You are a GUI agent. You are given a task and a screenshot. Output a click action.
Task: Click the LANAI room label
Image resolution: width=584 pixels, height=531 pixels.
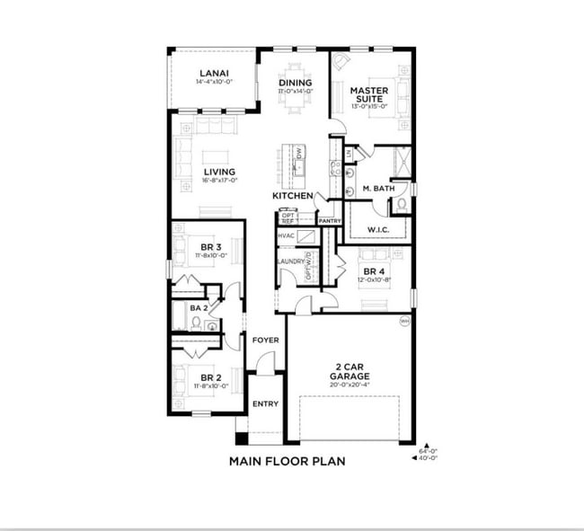point(213,73)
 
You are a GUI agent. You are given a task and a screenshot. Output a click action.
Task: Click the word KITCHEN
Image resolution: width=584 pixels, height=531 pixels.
point(293,195)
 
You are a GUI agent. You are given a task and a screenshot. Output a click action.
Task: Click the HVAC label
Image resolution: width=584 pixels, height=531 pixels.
point(287,235)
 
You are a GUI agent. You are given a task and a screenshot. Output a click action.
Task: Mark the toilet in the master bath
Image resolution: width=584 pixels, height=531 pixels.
point(402,205)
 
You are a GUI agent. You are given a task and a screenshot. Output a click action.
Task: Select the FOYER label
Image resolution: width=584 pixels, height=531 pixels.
point(265,341)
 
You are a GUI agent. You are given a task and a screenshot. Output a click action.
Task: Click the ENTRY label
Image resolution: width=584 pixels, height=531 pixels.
point(265,403)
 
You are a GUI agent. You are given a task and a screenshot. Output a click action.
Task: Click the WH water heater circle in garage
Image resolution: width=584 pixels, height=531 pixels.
point(403,320)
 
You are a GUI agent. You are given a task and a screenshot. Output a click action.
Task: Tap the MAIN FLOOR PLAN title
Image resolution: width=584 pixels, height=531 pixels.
point(287,461)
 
